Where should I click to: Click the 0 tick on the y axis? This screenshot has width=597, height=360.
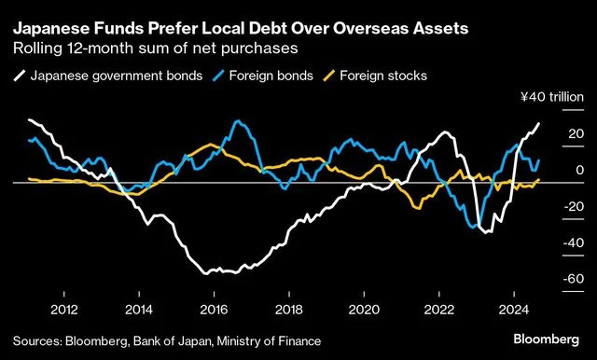554,170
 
